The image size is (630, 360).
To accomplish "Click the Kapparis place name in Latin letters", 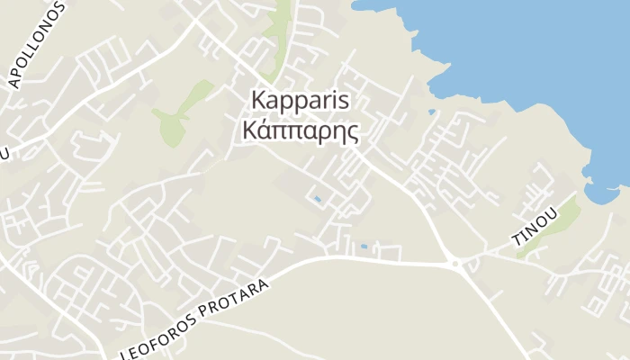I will click(301, 99).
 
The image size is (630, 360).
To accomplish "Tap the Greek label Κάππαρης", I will click(301, 131).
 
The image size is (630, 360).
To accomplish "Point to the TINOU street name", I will click(535, 228).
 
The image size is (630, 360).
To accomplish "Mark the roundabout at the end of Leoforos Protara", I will click(454, 264).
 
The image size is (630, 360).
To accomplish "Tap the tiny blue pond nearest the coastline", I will click(433, 112).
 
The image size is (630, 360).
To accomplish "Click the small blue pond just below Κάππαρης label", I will click(316, 198).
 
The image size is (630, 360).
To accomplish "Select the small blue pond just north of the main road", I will click(364, 246).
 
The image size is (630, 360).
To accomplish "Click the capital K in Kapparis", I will click(259, 99).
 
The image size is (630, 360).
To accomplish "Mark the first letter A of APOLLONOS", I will click(13, 82).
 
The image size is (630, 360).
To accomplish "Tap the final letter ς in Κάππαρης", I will click(352, 134).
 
